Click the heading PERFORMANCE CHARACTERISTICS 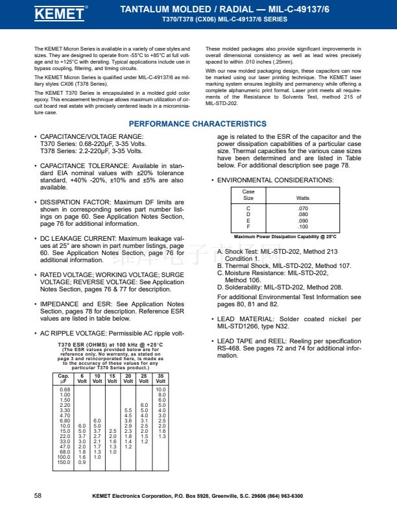(x=197, y=123)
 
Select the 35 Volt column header (x=161, y=378)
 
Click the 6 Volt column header (x=82, y=378)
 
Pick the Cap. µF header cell (x=64, y=378)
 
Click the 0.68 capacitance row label (x=65, y=389)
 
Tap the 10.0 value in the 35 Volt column (x=162, y=389)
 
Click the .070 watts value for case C (x=302, y=208)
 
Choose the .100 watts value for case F (x=302, y=226)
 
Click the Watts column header (x=302, y=197)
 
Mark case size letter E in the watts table (x=248, y=221)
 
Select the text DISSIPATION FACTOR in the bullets (x=67, y=202)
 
